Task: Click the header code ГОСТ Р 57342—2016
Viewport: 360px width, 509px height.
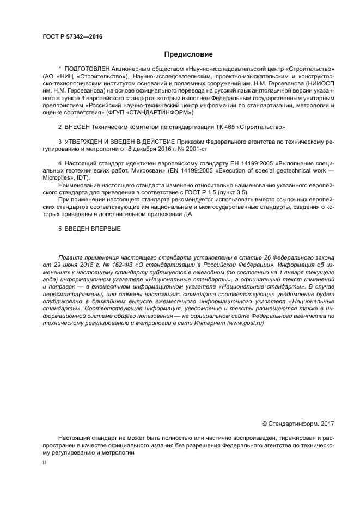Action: click(72, 37)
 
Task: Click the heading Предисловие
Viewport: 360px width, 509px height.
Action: click(188, 54)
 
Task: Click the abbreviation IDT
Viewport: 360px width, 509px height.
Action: click(86, 177)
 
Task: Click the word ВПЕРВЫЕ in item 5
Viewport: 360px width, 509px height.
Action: click(101, 229)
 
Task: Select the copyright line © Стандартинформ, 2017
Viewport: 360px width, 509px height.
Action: click(298, 423)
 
